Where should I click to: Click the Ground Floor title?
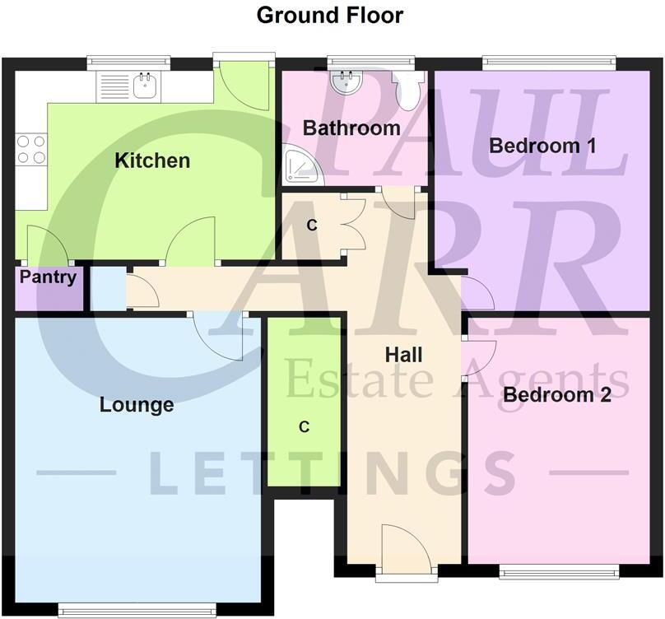[330, 15]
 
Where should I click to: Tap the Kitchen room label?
[152, 160]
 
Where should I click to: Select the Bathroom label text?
[351, 128]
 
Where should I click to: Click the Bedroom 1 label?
[542, 146]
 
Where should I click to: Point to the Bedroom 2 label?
[556, 395]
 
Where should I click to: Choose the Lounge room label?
[137, 405]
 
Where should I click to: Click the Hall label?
[403, 355]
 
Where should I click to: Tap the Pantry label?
[48, 277]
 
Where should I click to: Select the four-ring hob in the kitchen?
[31, 149]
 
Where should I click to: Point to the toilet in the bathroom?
[408, 89]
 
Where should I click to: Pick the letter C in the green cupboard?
[304, 426]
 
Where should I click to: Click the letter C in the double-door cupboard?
[312, 225]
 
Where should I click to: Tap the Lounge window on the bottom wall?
[137, 610]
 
